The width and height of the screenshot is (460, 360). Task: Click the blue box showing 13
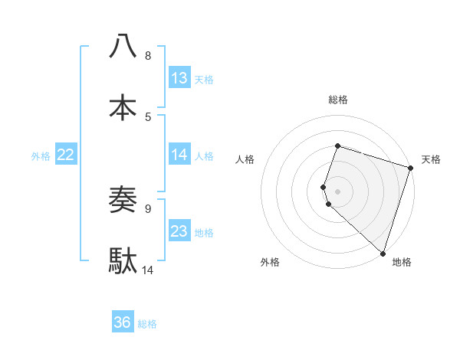click(179, 78)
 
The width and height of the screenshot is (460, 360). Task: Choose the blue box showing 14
click(179, 155)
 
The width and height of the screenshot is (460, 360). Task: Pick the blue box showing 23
click(179, 231)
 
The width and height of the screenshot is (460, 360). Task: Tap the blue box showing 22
click(66, 155)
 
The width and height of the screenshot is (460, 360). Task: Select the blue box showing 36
click(123, 322)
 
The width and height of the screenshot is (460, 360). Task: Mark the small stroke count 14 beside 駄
click(148, 270)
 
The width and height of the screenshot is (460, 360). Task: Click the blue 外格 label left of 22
click(41, 156)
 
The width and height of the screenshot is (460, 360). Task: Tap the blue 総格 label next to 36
click(147, 324)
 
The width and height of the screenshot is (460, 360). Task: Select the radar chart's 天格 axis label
click(431, 159)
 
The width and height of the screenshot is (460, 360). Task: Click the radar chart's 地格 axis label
click(402, 262)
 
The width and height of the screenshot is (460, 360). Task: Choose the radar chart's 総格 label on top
click(337, 100)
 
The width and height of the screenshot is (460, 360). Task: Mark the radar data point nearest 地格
click(383, 253)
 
